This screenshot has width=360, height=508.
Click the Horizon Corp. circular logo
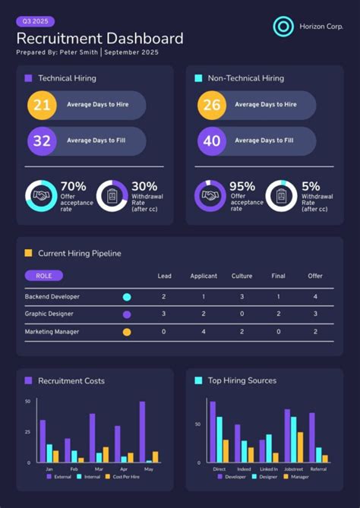pos(283,27)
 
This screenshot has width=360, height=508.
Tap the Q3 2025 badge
pos(35,22)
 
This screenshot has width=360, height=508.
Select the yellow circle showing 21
pos(42,105)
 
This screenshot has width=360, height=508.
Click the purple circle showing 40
pos(211,140)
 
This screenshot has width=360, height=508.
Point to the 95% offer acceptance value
pos(242,186)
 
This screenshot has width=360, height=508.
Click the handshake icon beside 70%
pos(40,196)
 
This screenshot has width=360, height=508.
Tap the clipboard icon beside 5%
pos(281,196)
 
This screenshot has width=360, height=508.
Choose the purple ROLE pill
pos(43,276)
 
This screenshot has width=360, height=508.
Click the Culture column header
pos(242,276)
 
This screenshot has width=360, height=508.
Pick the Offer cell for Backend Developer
pos(315,297)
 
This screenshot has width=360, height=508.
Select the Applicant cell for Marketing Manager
pos(203,332)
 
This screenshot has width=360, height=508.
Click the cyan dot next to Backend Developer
pos(127,297)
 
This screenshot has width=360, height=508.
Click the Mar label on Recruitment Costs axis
pos(99,469)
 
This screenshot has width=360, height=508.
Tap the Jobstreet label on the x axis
pos(294,469)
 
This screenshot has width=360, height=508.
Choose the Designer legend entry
pos(266,477)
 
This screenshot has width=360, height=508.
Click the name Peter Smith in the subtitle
pos(79,52)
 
